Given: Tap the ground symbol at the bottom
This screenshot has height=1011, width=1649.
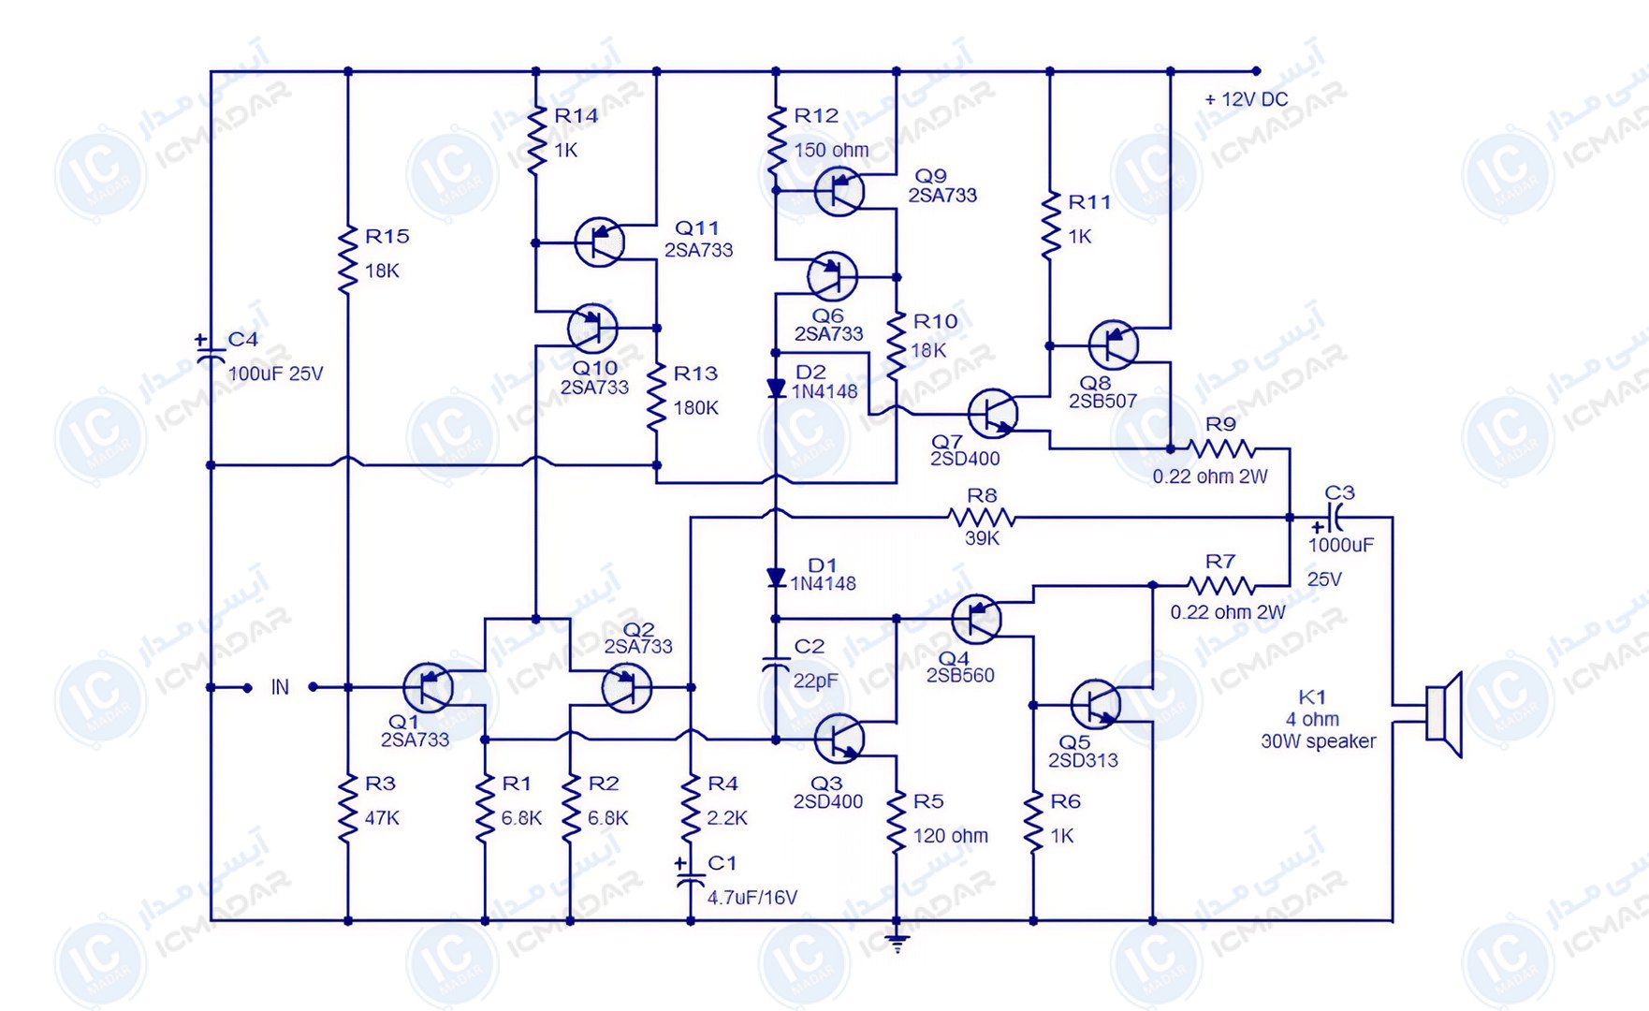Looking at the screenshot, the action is pyautogui.click(x=897, y=943).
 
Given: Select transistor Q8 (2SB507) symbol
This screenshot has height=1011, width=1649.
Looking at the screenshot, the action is pyautogui.click(x=1114, y=344).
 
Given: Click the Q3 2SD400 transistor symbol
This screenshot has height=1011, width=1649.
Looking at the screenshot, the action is pyautogui.click(x=839, y=739).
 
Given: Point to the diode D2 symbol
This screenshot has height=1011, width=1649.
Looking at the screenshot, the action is pyautogui.click(x=776, y=388).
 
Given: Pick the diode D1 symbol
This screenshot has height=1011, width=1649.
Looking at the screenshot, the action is pyautogui.click(x=776, y=578).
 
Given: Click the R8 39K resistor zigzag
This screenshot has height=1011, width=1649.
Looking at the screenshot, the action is pyautogui.click(x=981, y=517).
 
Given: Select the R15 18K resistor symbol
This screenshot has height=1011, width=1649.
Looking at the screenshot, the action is pyautogui.click(x=348, y=259).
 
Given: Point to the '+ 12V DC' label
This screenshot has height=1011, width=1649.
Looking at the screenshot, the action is pyautogui.click(x=1246, y=99).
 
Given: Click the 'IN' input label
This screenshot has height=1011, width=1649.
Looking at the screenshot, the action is pyautogui.click(x=280, y=687).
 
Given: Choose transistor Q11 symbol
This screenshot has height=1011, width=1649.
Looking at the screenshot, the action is pyautogui.click(x=599, y=242).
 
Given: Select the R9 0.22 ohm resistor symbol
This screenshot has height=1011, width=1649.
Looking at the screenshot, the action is pyautogui.click(x=1221, y=448).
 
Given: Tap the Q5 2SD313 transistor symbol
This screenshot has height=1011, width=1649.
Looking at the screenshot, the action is pyautogui.click(x=1095, y=705).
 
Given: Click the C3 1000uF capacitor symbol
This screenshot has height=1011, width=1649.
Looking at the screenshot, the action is pyautogui.click(x=1335, y=517).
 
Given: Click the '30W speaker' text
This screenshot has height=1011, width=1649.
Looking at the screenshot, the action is pyautogui.click(x=1318, y=741).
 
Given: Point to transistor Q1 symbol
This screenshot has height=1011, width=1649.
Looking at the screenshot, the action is pyautogui.click(x=429, y=687).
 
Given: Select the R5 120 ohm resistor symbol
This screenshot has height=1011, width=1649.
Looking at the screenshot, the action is pyautogui.click(x=897, y=821).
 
